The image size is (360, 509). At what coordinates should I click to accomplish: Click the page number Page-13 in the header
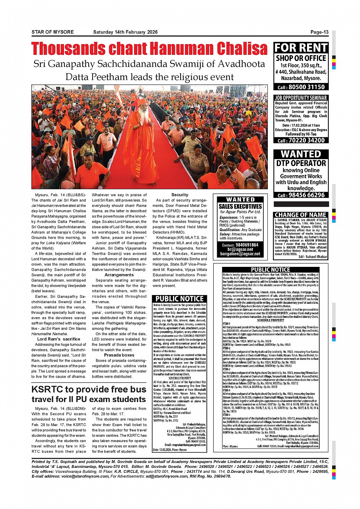[x=319, y=32]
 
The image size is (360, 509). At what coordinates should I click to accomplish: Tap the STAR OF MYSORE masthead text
[x=53, y=32]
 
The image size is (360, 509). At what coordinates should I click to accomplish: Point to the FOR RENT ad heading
[x=301, y=48]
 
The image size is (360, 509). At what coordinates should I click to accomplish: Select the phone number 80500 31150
[x=306, y=87]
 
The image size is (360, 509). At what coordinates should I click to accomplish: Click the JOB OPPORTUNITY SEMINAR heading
[x=301, y=98]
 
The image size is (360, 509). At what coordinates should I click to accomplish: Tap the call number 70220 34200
[x=306, y=140]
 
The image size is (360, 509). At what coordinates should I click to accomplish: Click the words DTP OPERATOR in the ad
[x=301, y=163]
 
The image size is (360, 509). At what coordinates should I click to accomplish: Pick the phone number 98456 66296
[x=306, y=195]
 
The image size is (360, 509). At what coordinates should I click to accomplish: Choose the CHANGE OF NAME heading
[x=301, y=215]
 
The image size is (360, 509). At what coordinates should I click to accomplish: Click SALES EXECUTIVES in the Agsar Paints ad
[x=240, y=206]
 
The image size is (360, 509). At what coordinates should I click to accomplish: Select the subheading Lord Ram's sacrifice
[x=59, y=339]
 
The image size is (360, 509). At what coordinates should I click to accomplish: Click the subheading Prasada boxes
[x=119, y=355]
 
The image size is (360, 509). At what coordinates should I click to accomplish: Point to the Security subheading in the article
[x=180, y=195]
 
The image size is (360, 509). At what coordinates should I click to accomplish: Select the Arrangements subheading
[x=119, y=274]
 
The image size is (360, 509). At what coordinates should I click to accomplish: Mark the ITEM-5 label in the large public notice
[x=226, y=415]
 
